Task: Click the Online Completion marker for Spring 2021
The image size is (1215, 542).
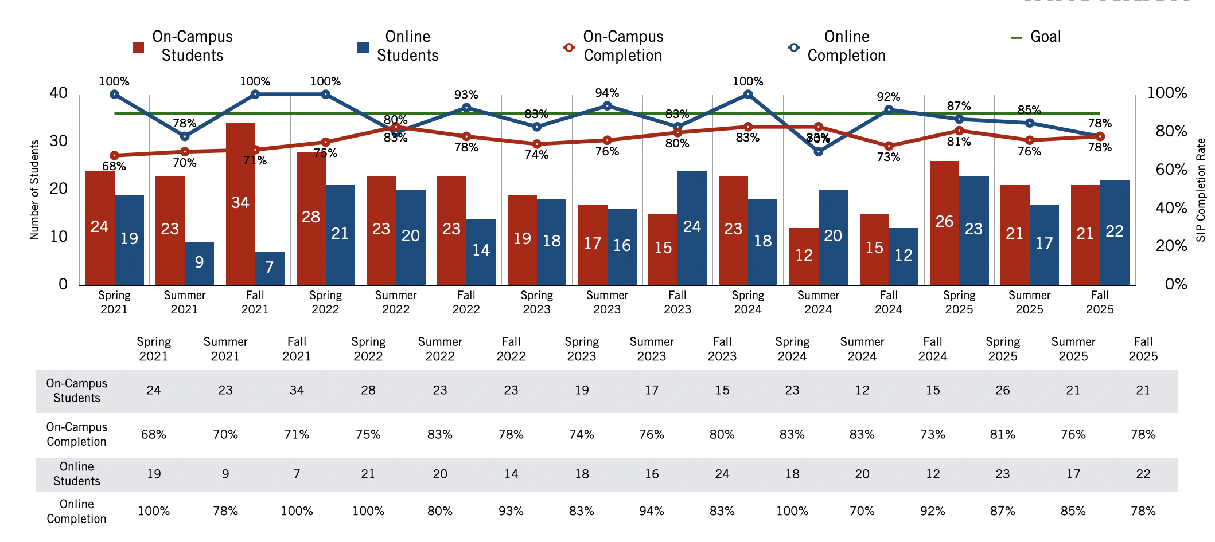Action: [x=114, y=95]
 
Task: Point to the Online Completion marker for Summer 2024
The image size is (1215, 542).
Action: [x=819, y=152]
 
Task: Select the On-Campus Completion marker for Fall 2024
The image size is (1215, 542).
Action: [x=889, y=146]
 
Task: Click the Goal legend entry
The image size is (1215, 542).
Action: [x=1036, y=37]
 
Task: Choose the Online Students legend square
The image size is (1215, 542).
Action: [x=363, y=47]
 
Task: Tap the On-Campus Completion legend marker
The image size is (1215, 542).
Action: [x=568, y=47]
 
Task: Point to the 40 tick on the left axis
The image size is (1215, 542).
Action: [x=59, y=93]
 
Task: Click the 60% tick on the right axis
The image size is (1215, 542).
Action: [x=1171, y=170]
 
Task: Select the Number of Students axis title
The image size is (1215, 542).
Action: [x=34, y=190]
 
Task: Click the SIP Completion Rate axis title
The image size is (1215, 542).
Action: [x=1201, y=190]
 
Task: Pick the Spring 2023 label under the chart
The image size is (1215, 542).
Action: [x=536, y=303]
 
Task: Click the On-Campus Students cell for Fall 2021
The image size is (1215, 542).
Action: [x=297, y=391]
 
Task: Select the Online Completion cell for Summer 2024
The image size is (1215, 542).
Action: [x=862, y=511]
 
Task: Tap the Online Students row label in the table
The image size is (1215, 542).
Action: [x=76, y=474]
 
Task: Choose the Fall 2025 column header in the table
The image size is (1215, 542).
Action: [x=1143, y=349]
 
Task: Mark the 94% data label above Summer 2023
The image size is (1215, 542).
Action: [x=607, y=93]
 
